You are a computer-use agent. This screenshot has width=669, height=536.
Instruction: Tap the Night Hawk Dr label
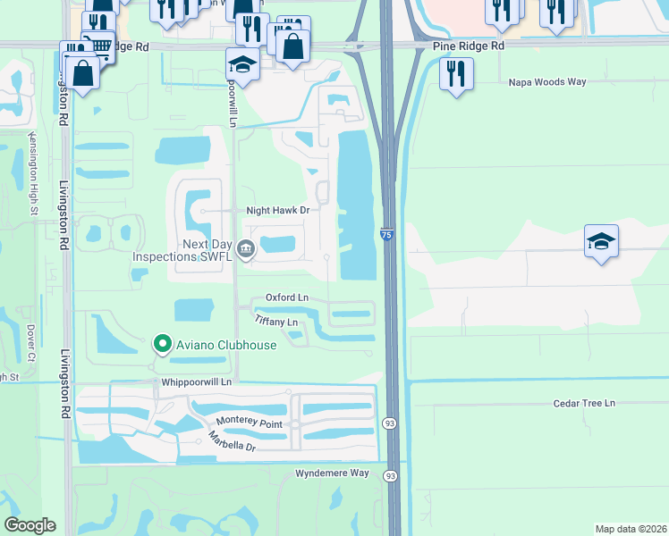pyautogui.click(x=277, y=211)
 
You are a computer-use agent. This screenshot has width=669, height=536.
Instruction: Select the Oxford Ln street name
pyautogui.click(x=286, y=297)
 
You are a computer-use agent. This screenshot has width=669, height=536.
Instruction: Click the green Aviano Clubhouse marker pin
pyautogui.click(x=162, y=343)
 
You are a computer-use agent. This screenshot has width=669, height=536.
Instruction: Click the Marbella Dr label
pyautogui.click(x=232, y=441)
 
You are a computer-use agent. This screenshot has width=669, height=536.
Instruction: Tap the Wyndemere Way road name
pyautogui.click(x=332, y=473)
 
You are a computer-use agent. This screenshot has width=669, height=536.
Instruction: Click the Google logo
pyautogui.click(x=30, y=525)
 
